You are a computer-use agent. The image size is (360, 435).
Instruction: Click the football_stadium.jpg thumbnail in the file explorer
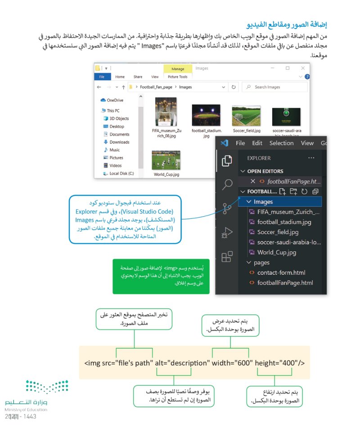pyautogui.click(x=206, y=115)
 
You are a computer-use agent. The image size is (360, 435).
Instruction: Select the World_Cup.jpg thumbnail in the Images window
pyautogui.click(x=166, y=160)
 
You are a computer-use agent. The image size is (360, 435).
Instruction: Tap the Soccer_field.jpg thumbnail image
pyautogui.click(x=246, y=116)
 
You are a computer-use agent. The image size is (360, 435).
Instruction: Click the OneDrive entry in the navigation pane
pyautogui.click(x=115, y=100)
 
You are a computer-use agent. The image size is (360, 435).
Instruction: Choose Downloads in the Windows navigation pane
pyautogui.click(x=119, y=142)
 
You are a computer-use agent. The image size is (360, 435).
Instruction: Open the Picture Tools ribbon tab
pyautogui.click(x=177, y=77)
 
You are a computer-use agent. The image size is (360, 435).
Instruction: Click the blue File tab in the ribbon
pyautogui.click(x=102, y=77)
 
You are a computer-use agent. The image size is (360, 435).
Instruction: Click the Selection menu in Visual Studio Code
pyautogui.click(x=281, y=143)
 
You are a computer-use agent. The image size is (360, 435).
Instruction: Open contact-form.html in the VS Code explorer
pyautogui.click(x=281, y=273)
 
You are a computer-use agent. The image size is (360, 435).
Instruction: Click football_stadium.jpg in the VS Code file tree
pyautogui.click(x=284, y=222)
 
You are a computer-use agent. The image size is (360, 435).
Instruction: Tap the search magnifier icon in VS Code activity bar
pyautogui.click(x=227, y=184)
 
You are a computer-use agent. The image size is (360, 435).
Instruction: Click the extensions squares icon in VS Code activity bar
pyautogui.click(x=227, y=257)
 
